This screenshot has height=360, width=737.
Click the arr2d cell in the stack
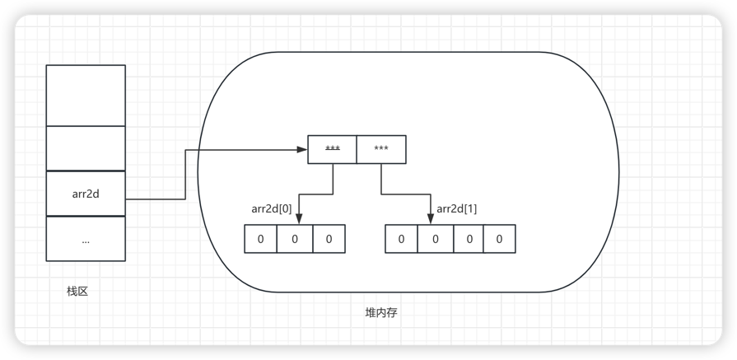tap(86, 194)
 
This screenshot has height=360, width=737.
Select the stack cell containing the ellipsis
tap(86, 239)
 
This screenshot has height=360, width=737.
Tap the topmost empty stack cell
tap(86, 95)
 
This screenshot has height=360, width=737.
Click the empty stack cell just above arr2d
tap(86, 147)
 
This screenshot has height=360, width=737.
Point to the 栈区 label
tap(77, 292)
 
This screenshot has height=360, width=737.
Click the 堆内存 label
tap(381, 313)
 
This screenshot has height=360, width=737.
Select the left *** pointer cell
tap(332, 149)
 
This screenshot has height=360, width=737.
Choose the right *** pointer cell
tap(380, 149)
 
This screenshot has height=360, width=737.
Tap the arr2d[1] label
tap(456, 208)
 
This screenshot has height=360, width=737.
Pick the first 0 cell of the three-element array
tap(261, 239)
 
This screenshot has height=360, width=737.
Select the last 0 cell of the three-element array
tap(329, 239)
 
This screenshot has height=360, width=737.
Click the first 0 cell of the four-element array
tap(401, 239)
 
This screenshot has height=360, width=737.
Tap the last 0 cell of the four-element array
tap(498, 239)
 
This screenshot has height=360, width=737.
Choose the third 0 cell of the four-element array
tap(466, 239)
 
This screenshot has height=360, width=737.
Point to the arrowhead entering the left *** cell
tap(301, 149)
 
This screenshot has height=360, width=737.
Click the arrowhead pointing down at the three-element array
tap(297, 219)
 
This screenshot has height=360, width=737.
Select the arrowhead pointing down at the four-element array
tap(431, 219)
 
